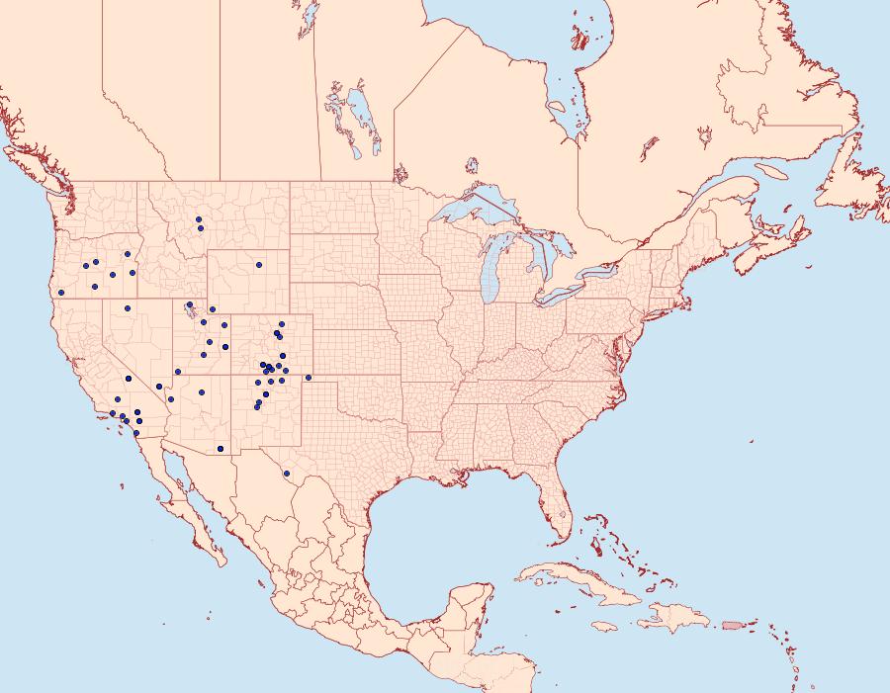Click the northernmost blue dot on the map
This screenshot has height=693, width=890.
pos(198,219)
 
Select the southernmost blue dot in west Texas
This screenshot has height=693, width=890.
pos(286,474)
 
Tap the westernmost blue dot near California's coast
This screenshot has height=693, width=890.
pos(60,292)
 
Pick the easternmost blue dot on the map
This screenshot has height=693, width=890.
pos(309,378)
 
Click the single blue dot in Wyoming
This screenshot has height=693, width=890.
pos(258,265)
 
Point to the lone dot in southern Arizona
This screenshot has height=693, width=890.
pos(220,449)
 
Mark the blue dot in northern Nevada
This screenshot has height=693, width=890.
pos(128,308)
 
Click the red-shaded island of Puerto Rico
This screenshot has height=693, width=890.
pos(731,624)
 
